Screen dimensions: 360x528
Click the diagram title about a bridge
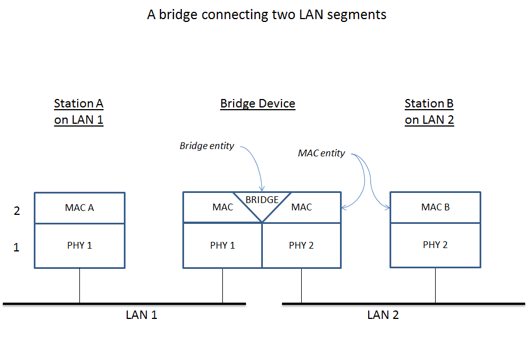pos(267,15)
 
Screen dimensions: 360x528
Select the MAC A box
pos(79,208)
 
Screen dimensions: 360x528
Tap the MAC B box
pos(435,207)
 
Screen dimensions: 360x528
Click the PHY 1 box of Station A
pos(79,245)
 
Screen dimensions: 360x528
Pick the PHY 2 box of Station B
pos(435,245)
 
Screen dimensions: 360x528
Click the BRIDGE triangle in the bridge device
pos(262,204)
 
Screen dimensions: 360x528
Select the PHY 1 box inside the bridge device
pos(222,245)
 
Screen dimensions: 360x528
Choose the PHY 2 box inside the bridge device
pos(301,245)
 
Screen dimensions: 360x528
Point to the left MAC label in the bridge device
pos(222,208)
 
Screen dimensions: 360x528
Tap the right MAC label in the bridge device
pos(301,208)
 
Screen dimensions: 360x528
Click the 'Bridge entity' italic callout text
pos(207,146)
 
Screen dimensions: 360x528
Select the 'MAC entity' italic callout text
pos(321,154)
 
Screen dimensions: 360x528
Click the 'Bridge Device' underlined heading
pos(257,103)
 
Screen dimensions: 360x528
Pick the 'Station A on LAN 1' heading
pos(79,111)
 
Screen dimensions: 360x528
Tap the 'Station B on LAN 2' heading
pos(429,111)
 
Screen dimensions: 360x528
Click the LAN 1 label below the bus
pos(141,315)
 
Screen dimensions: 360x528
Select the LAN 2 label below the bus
pos(383,315)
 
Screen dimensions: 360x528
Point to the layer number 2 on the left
pos(17,211)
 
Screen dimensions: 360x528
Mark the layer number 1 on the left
pos(16,247)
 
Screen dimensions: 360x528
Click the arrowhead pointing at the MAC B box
pos(388,209)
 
